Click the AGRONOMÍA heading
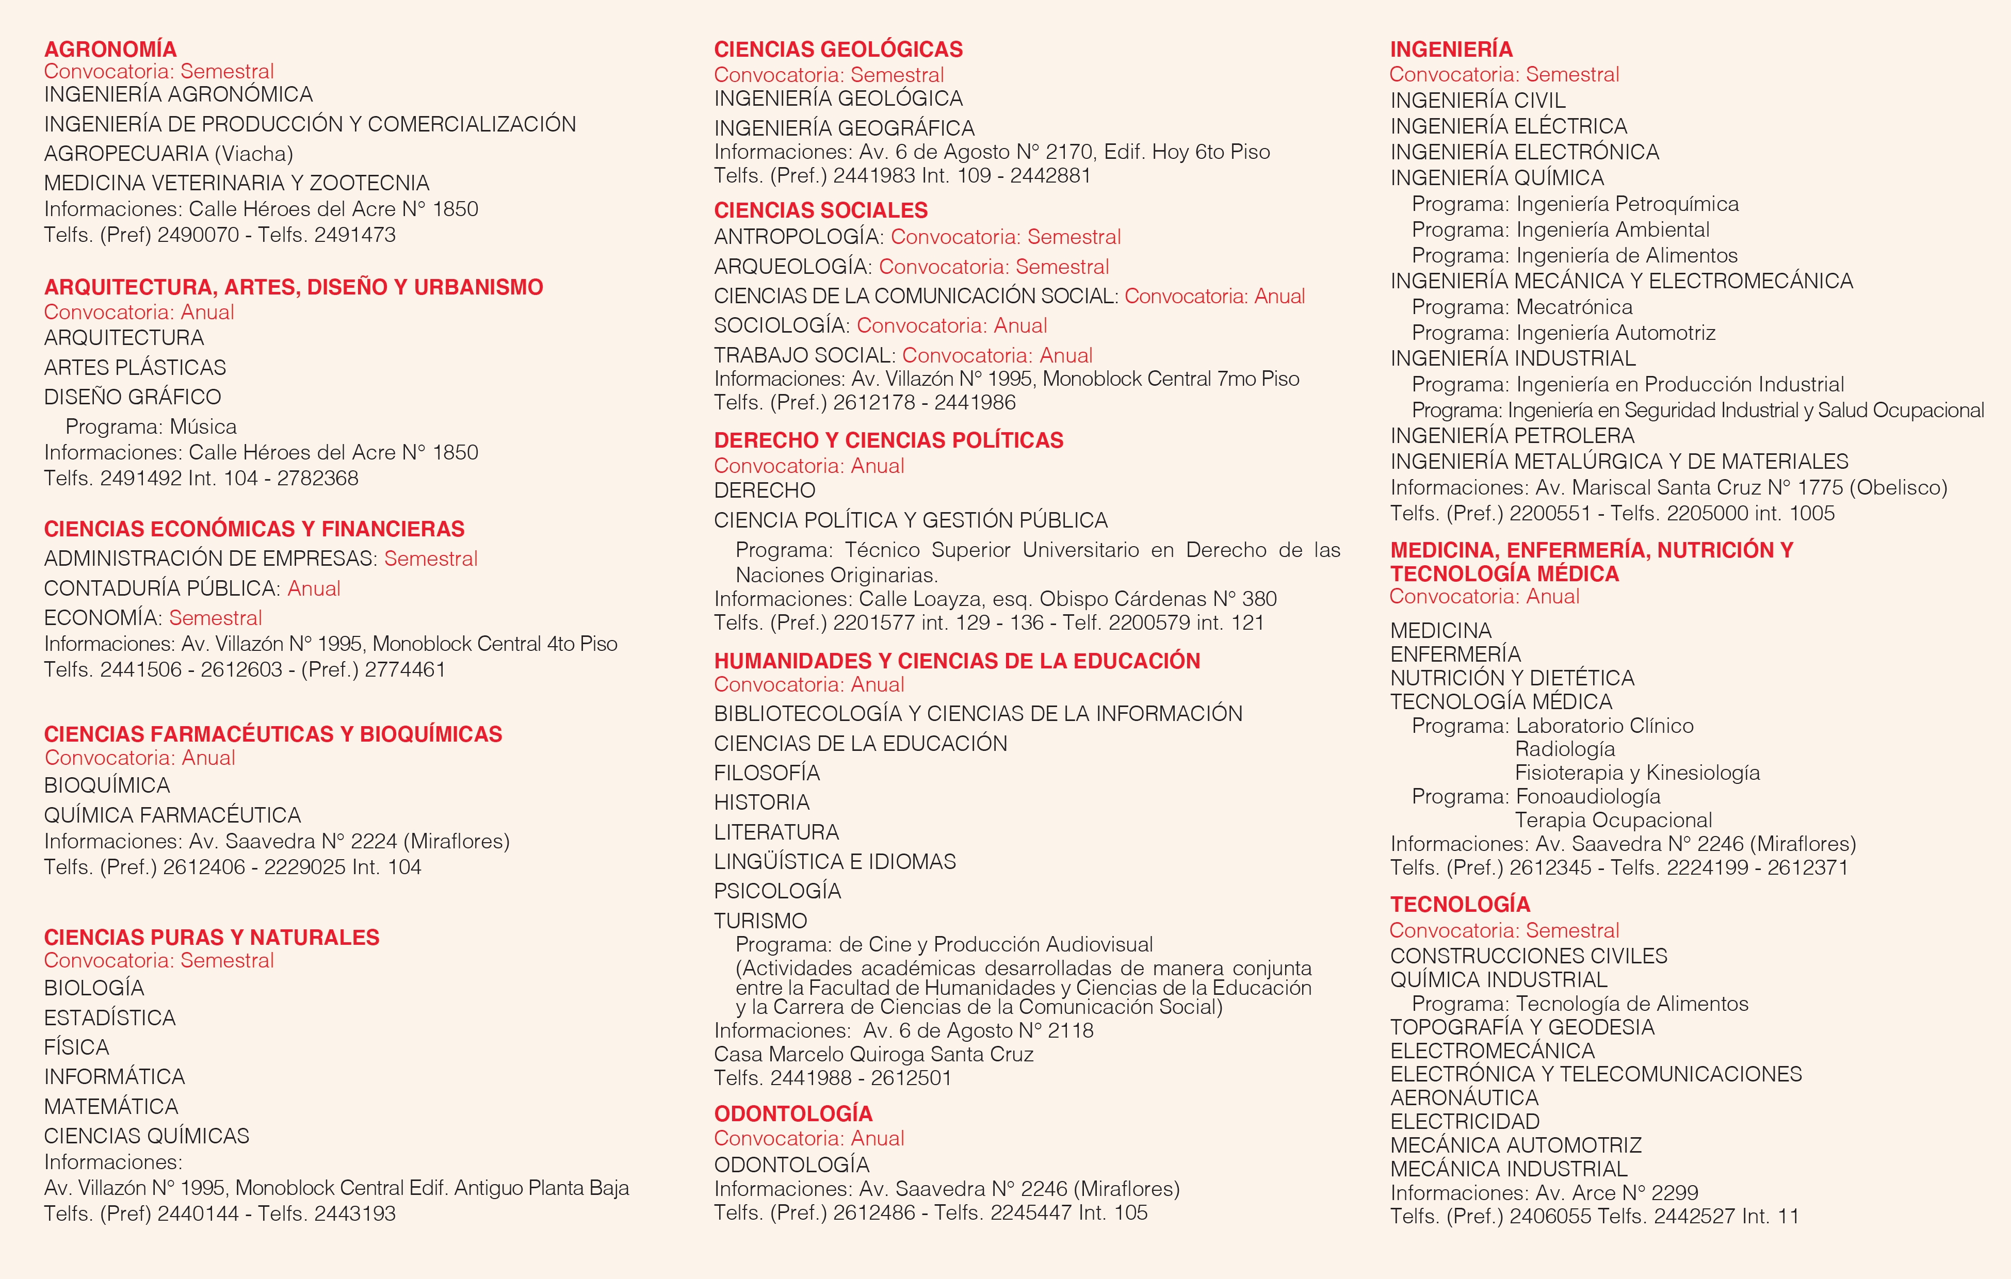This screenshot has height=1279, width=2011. click(110, 50)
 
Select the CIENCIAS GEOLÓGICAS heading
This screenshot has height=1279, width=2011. click(838, 50)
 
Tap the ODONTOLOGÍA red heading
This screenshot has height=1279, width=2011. click(792, 1113)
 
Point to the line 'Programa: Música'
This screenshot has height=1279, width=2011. click(151, 427)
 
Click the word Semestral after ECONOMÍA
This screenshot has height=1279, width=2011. click(216, 618)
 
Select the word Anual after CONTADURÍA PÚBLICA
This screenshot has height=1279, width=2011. click(314, 588)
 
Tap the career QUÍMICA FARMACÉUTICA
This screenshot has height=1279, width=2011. click(172, 815)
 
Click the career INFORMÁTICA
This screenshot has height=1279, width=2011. click(115, 1077)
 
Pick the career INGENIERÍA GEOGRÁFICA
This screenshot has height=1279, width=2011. click(844, 128)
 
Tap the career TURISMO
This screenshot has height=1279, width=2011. click(760, 921)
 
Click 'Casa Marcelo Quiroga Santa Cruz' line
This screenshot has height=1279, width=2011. click(873, 1055)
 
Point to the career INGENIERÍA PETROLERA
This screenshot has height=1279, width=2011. click(1512, 436)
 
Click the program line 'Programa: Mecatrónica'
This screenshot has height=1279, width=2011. click(1521, 307)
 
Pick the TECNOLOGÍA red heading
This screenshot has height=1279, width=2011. click(1460, 904)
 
